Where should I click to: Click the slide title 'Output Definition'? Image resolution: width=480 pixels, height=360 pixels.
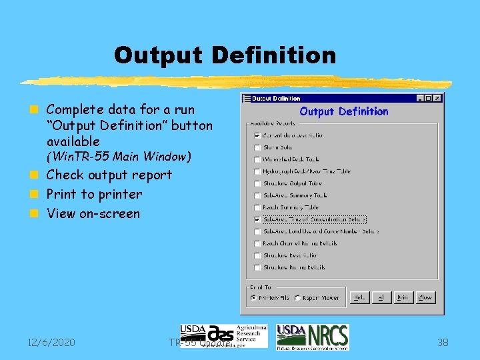click(225, 55)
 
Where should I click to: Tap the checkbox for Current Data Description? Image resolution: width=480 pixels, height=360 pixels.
click(257, 135)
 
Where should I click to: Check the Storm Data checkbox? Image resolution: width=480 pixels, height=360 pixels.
click(257, 147)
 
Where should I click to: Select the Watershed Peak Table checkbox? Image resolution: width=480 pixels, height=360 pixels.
click(257, 159)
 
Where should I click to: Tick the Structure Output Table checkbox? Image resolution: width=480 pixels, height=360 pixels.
click(257, 183)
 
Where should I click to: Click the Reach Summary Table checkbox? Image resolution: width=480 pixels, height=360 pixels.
click(257, 207)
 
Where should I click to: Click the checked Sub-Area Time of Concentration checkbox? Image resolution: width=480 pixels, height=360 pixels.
click(257, 219)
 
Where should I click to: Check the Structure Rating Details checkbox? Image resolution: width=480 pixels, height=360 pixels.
click(257, 267)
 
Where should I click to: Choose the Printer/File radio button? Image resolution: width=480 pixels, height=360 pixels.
click(253, 298)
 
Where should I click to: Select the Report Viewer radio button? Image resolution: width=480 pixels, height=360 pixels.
click(297, 298)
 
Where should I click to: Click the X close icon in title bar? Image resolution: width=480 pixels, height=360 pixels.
click(437, 99)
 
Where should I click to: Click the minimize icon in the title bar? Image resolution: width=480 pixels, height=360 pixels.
click(421, 99)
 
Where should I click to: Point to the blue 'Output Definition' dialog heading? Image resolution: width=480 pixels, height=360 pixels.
click(343, 111)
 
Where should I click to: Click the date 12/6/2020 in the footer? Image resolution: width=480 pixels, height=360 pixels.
click(51, 343)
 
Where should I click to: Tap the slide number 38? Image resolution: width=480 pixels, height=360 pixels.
click(443, 343)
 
